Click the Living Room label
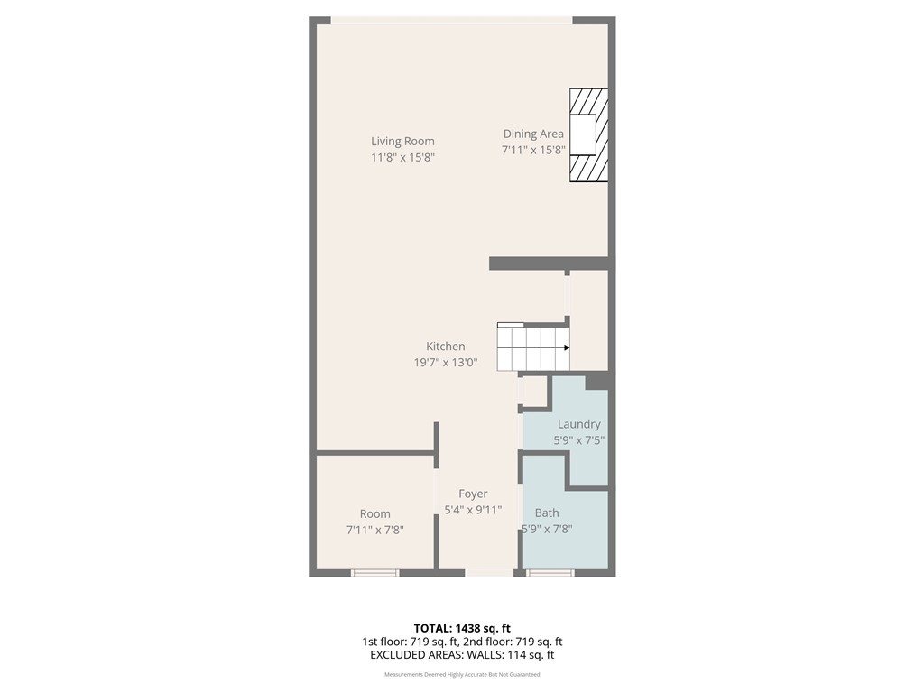(402, 142)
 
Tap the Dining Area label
(533, 134)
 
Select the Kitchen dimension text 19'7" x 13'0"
(446, 363)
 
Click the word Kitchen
(446, 346)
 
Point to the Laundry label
(578, 424)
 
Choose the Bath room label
(547, 513)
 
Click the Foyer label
(473, 494)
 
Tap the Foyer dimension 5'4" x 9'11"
(473, 510)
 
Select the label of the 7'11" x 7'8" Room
(374, 513)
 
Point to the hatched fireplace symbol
(588, 135)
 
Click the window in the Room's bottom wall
(375, 573)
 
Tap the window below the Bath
(550, 573)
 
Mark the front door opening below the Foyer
(490, 573)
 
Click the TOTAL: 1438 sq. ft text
(462, 628)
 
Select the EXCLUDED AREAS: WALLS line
(462, 655)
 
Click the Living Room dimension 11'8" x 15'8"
(402, 157)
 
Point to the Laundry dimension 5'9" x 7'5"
(578, 440)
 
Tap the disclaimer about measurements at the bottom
(462, 675)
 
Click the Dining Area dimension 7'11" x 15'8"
(533, 150)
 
